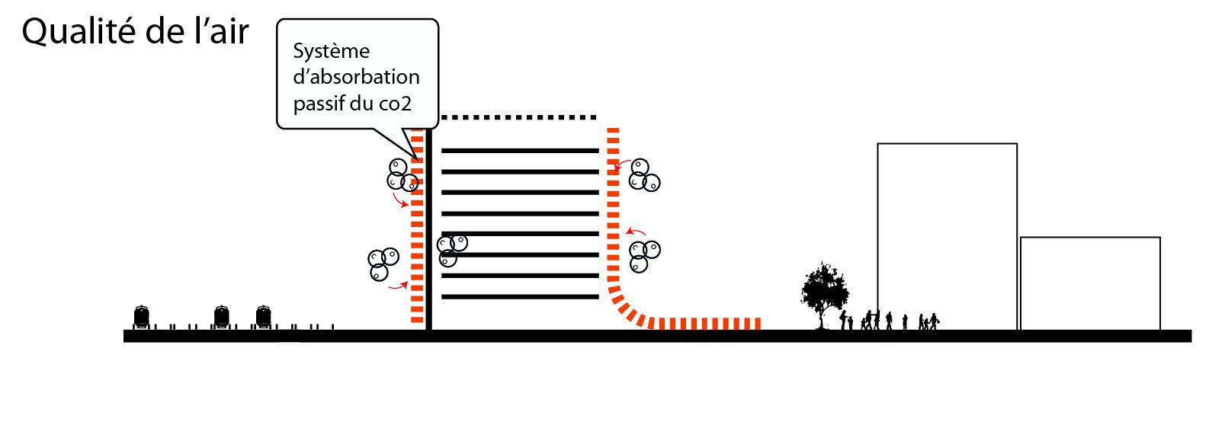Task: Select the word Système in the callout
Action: (331, 51)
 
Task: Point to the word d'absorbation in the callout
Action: (356, 77)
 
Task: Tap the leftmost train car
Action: (142, 317)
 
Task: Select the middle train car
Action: (221, 317)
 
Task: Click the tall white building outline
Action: (947, 236)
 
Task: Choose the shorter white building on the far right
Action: (1090, 283)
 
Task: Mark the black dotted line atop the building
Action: (518, 118)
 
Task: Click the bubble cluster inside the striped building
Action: (451, 249)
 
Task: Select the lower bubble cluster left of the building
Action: (382, 263)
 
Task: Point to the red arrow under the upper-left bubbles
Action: (399, 201)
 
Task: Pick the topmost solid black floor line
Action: (520, 151)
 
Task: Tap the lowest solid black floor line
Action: (520, 296)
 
